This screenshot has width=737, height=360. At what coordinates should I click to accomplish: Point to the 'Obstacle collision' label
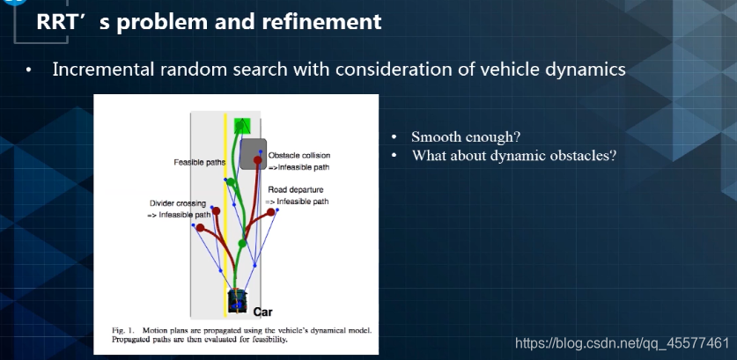298,155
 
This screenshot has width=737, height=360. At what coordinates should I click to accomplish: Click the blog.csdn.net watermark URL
621,342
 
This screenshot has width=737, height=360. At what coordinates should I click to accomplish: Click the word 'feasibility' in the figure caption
270,339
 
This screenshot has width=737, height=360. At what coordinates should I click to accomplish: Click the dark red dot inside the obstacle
260,160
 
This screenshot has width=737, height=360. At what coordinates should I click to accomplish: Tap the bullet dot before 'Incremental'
30,70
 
